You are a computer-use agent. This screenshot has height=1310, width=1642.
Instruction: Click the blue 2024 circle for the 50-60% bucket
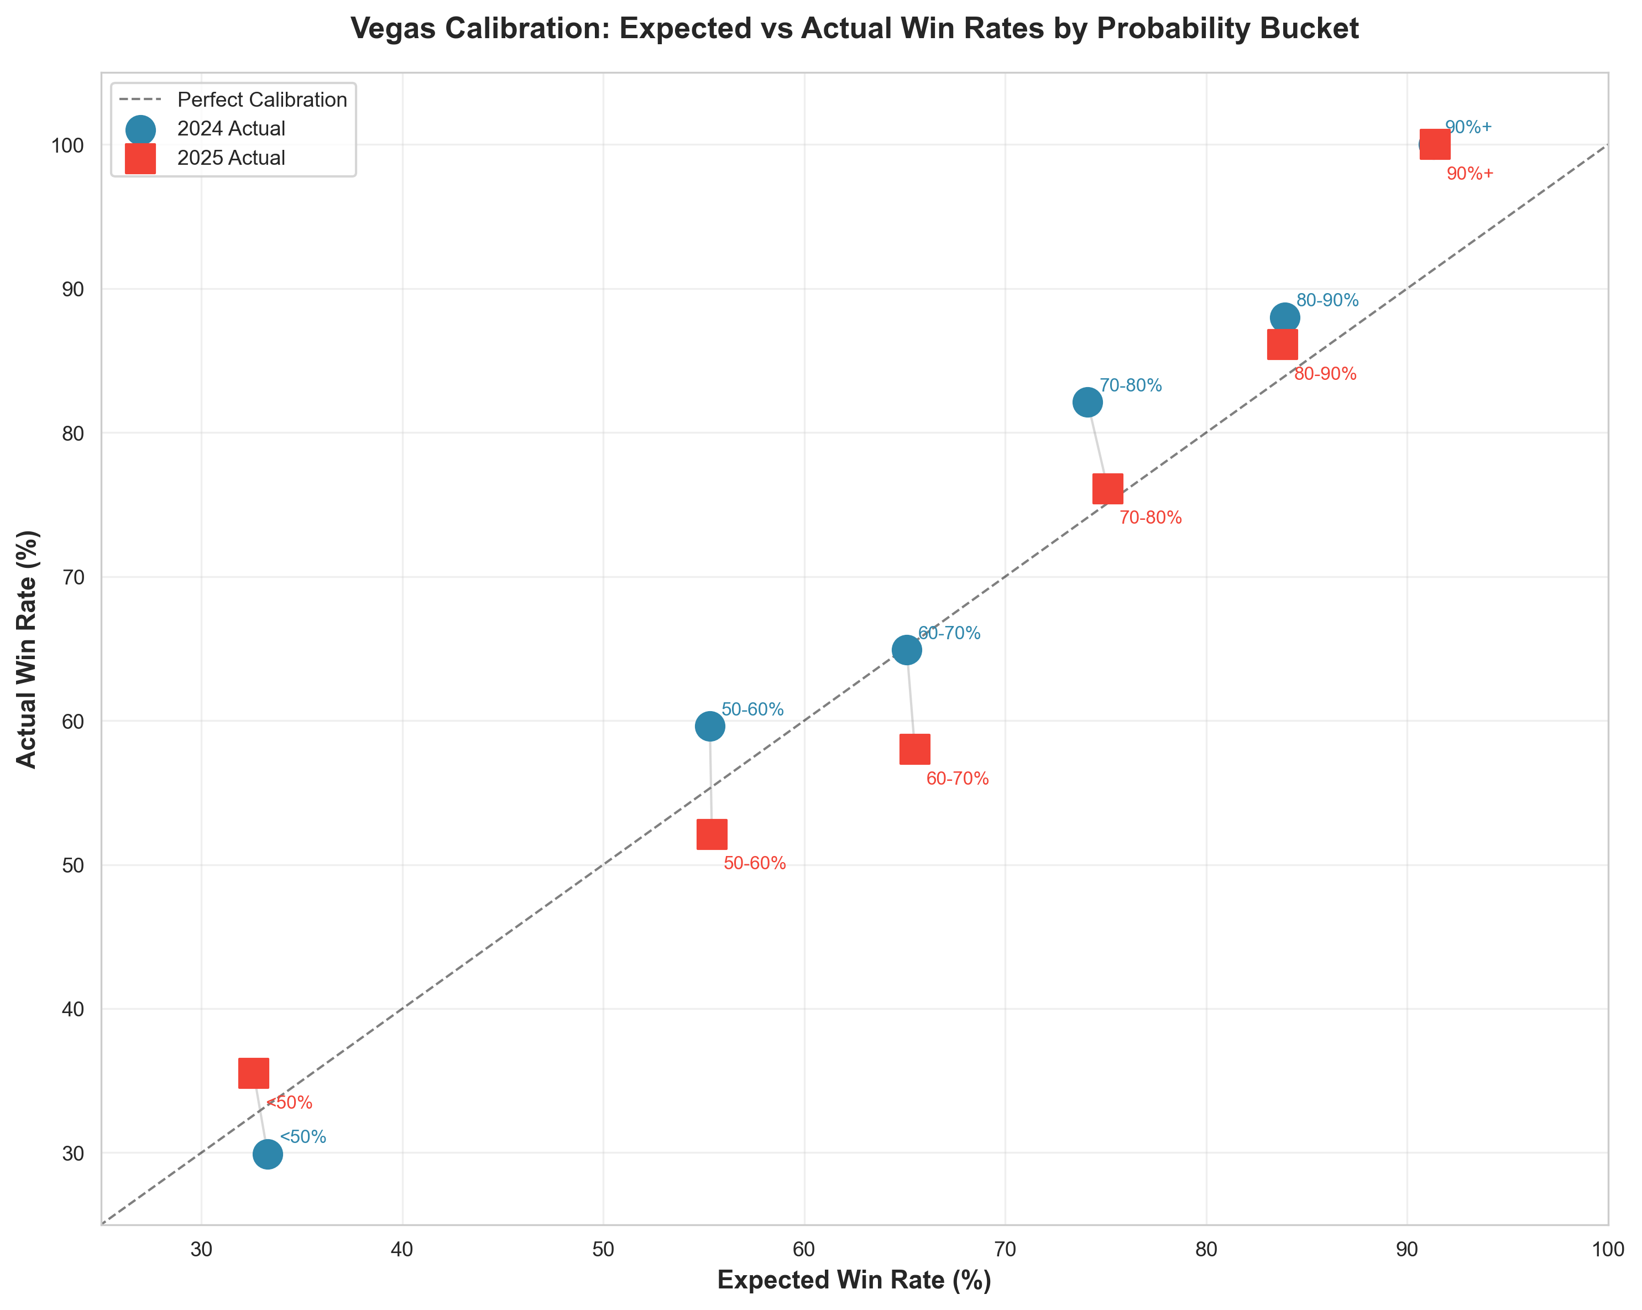point(709,727)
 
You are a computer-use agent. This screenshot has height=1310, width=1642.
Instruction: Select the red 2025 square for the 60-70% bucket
point(914,749)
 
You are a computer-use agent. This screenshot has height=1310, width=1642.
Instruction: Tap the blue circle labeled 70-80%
point(1087,401)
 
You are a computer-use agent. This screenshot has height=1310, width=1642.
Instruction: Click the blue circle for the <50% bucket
point(268,1155)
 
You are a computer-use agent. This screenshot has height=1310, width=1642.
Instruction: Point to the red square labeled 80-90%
point(1282,345)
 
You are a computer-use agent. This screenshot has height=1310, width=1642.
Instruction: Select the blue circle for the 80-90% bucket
point(1284,317)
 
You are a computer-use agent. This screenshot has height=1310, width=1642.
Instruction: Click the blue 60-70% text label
point(948,633)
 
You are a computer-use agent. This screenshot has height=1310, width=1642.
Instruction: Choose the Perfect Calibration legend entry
point(261,100)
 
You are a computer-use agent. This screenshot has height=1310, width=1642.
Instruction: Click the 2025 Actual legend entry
point(231,158)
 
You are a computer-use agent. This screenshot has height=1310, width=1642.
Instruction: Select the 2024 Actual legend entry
point(231,129)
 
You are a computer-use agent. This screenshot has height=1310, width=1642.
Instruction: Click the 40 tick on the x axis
point(401,1251)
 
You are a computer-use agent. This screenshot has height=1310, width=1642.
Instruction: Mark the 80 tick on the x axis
point(1206,1251)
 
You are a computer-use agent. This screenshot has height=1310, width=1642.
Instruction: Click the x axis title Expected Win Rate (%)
point(854,1280)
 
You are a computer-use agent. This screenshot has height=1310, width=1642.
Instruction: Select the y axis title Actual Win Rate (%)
point(27,649)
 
